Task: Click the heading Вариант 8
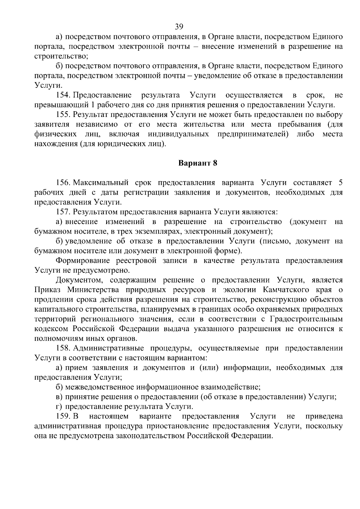[197, 163]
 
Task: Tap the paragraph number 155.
[63, 115]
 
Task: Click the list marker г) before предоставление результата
[59, 407]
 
